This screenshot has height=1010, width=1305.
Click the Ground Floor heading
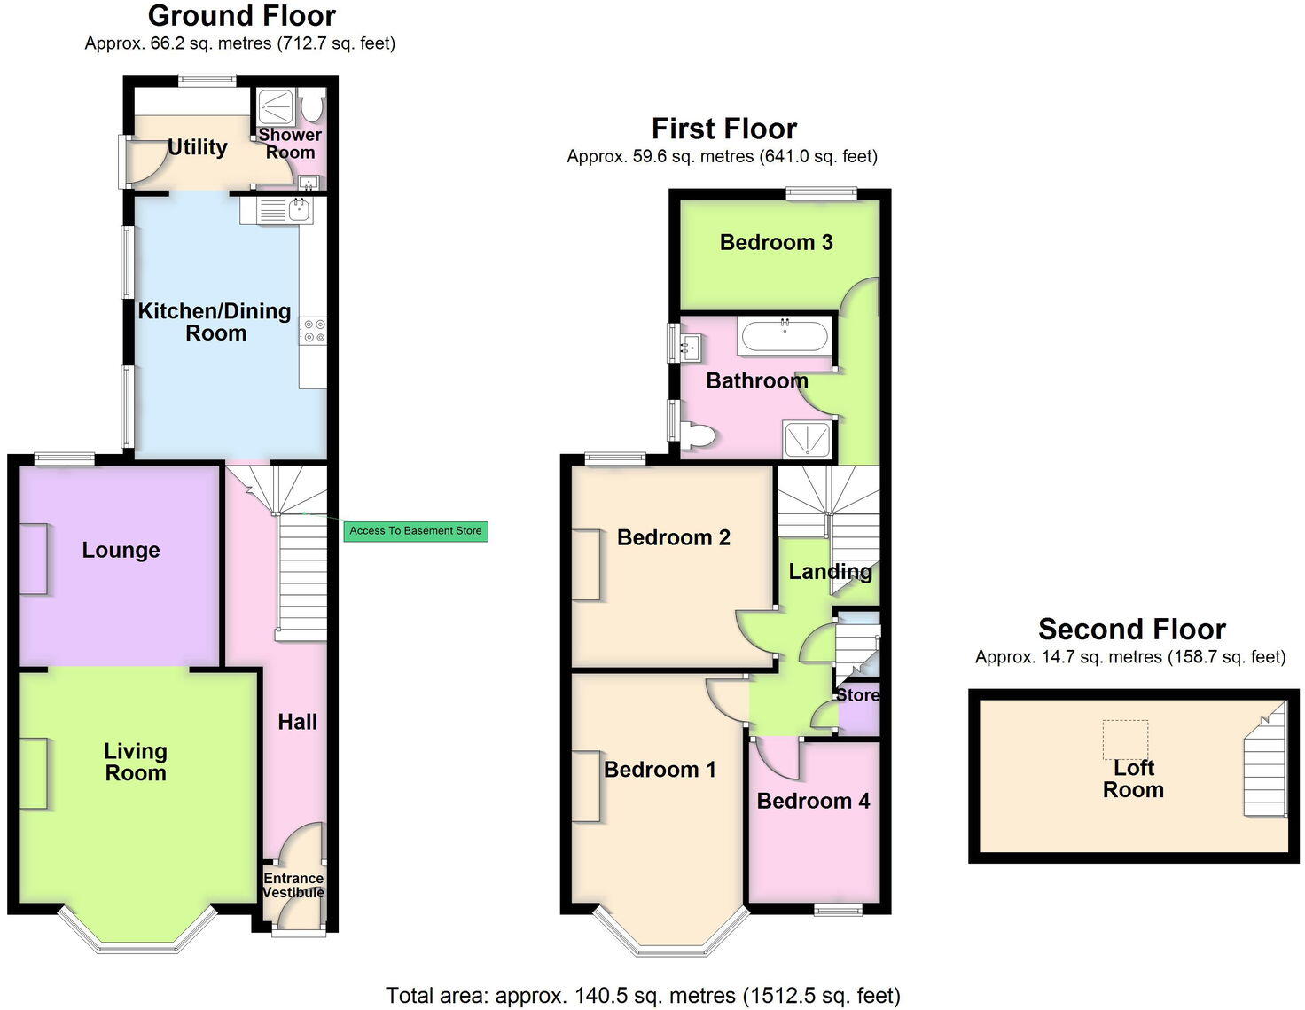(x=241, y=16)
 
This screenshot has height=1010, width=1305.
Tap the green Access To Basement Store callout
(x=416, y=531)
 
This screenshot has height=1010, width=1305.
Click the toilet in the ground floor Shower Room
(x=312, y=106)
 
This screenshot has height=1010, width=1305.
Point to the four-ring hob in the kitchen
(x=313, y=332)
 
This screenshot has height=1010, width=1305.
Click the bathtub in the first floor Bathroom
(x=785, y=336)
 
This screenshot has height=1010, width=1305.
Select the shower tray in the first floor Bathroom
(x=807, y=439)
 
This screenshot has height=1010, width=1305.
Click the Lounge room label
(x=121, y=550)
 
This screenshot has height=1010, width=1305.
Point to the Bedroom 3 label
(x=776, y=242)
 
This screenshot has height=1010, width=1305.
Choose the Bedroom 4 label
(x=813, y=801)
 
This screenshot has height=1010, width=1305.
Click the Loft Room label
(x=1133, y=779)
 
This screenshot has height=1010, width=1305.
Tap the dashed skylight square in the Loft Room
(x=1125, y=740)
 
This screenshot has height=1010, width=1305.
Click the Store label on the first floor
(x=857, y=695)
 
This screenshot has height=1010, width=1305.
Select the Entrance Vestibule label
(x=293, y=885)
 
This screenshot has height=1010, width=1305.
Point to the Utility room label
(x=197, y=147)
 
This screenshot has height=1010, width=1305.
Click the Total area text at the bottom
(x=643, y=996)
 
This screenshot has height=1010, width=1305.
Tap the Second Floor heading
(x=1131, y=630)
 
